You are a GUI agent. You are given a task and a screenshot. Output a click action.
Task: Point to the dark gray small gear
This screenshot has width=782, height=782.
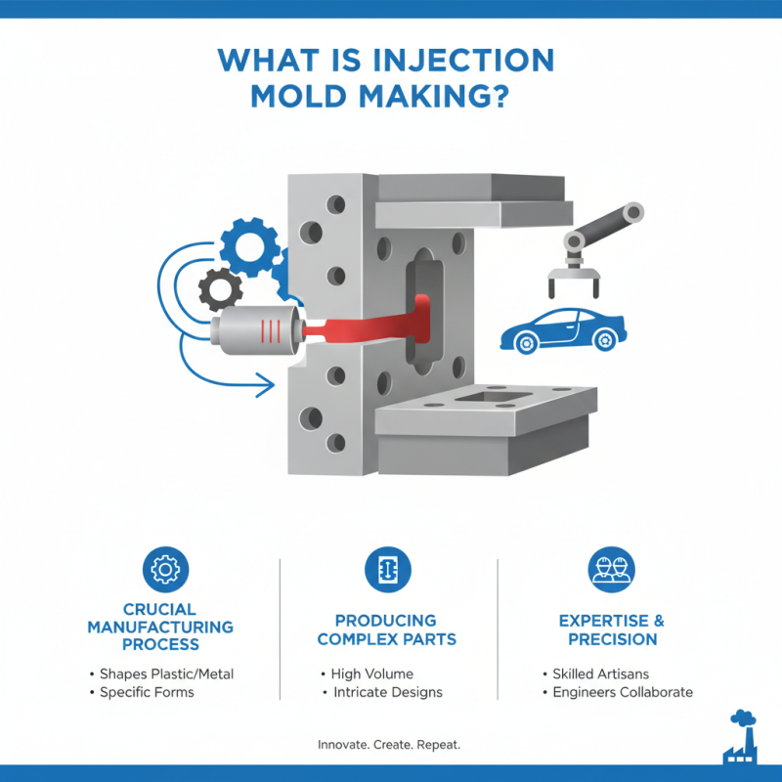click(220, 289)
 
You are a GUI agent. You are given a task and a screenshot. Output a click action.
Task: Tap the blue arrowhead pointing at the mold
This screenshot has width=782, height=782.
click(265, 389)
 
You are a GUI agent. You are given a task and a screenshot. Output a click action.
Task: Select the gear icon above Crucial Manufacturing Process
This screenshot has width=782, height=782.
click(165, 570)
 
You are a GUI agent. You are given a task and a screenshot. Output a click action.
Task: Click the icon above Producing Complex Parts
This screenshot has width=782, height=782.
click(388, 570)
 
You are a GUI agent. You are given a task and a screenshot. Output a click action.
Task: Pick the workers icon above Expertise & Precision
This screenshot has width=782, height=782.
click(611, 570)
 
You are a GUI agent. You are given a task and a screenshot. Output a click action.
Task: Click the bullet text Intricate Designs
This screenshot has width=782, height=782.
click(386, 692)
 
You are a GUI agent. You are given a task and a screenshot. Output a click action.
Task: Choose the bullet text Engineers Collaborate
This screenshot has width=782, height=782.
click(622, 692)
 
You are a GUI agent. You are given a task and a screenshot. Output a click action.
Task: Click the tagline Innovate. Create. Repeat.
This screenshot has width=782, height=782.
click(389, 745)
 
